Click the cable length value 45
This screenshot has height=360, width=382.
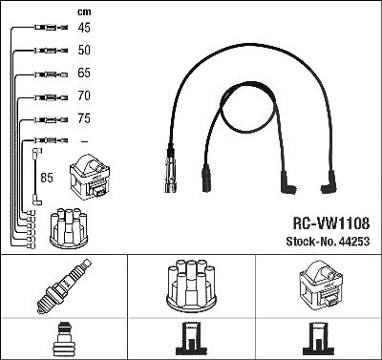tap(84, 28)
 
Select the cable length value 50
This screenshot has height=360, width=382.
tap(84, 50)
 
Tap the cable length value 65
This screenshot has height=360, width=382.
tap(84, 73)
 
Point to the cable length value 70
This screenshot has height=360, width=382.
tap(84, 95)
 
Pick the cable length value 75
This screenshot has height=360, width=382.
tap(84, 118)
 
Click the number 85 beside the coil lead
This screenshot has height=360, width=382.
tap(47, 178)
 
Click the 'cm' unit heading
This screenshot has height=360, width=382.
tap(84, 11)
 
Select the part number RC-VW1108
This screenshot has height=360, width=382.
tap(331, 223)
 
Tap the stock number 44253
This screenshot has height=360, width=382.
tap(328, 242)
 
